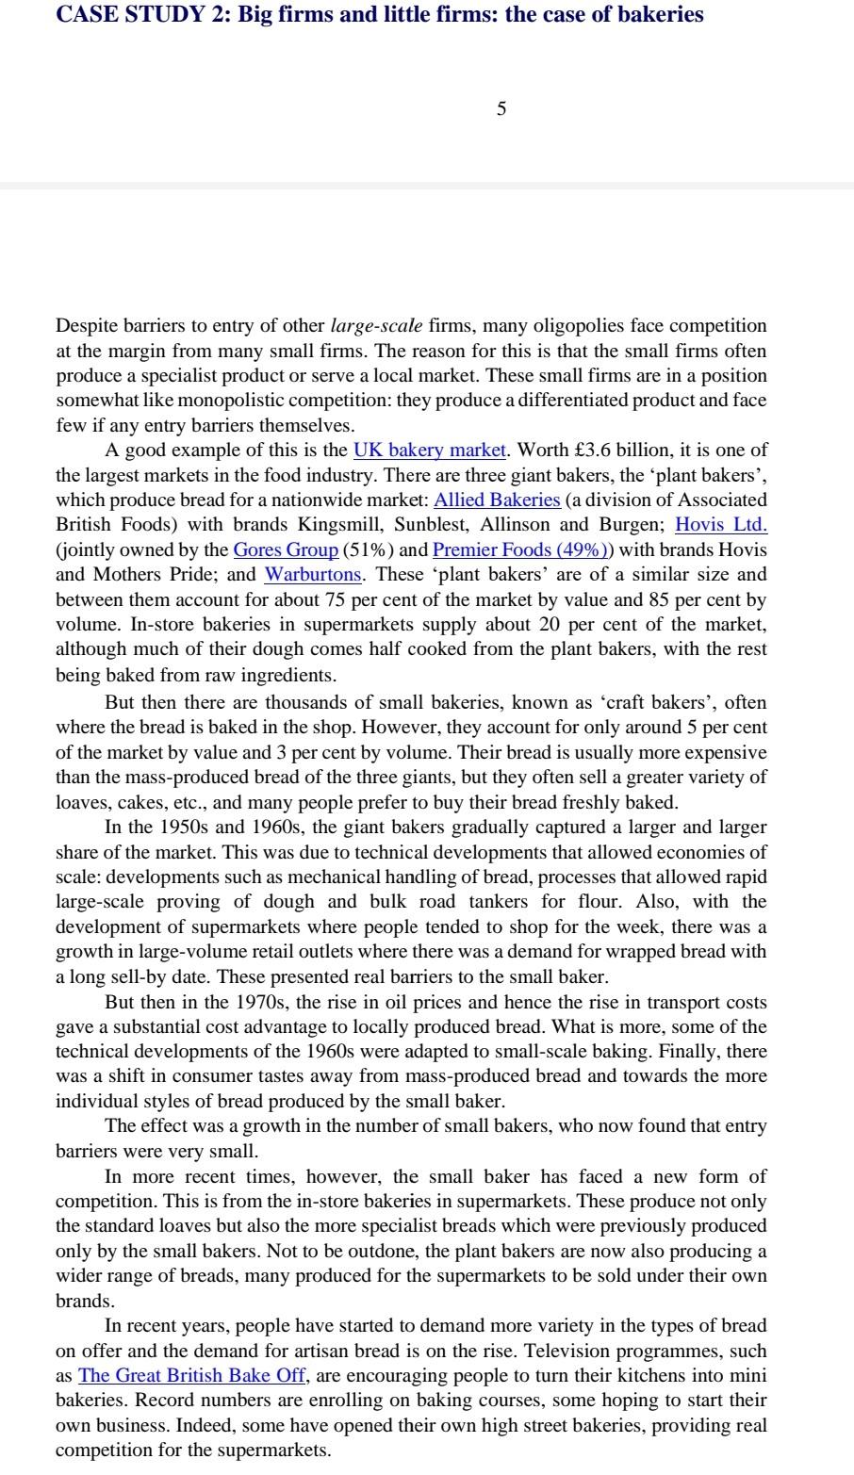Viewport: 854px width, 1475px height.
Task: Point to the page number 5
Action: [501, 109]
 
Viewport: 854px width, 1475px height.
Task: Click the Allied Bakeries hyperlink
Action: [497, 500]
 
